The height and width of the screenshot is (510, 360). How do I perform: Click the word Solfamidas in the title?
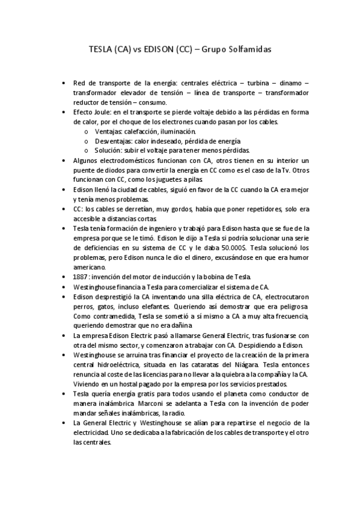(248, 51)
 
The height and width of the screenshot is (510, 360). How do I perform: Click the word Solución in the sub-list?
(109, 150)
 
